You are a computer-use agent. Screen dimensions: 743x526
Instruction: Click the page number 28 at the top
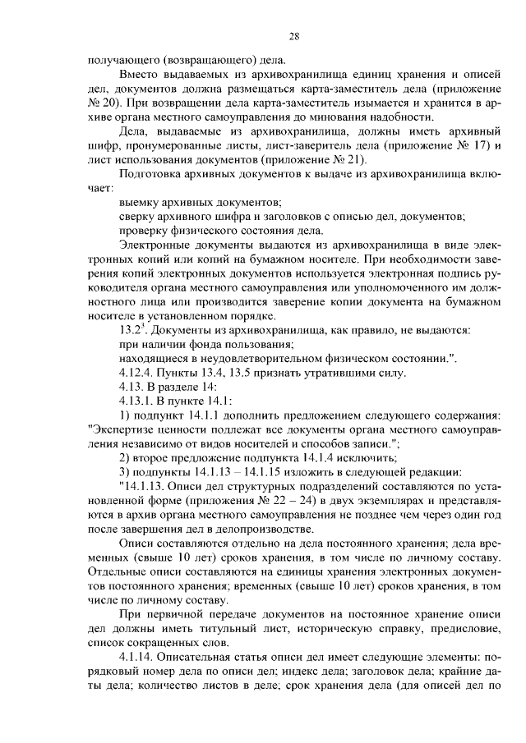(x=293, y=35)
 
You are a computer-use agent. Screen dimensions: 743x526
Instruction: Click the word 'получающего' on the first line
(x=123, y=59)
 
